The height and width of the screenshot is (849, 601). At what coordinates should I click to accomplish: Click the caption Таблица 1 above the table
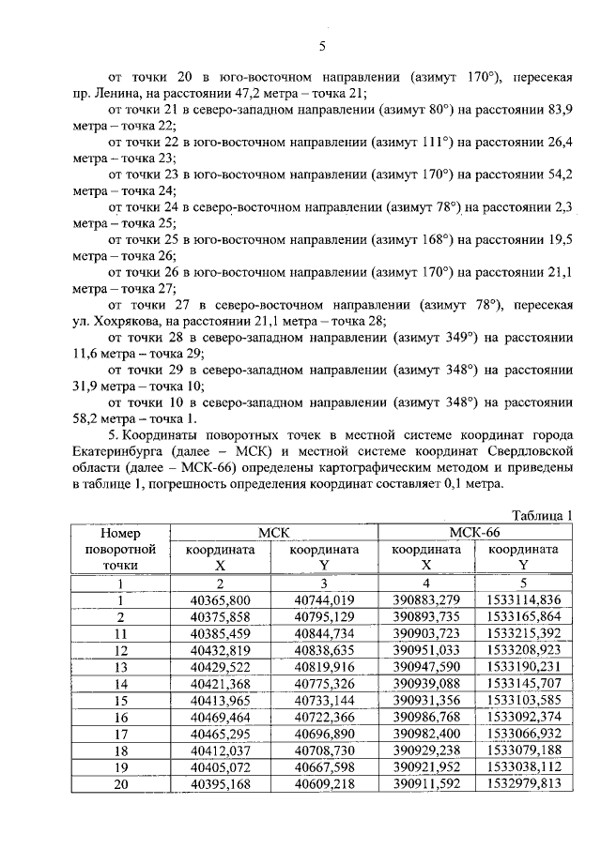pyautogui.click(x=542, y=515)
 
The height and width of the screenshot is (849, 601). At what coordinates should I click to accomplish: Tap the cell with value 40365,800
pyautogui.click(x=220, y=600)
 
